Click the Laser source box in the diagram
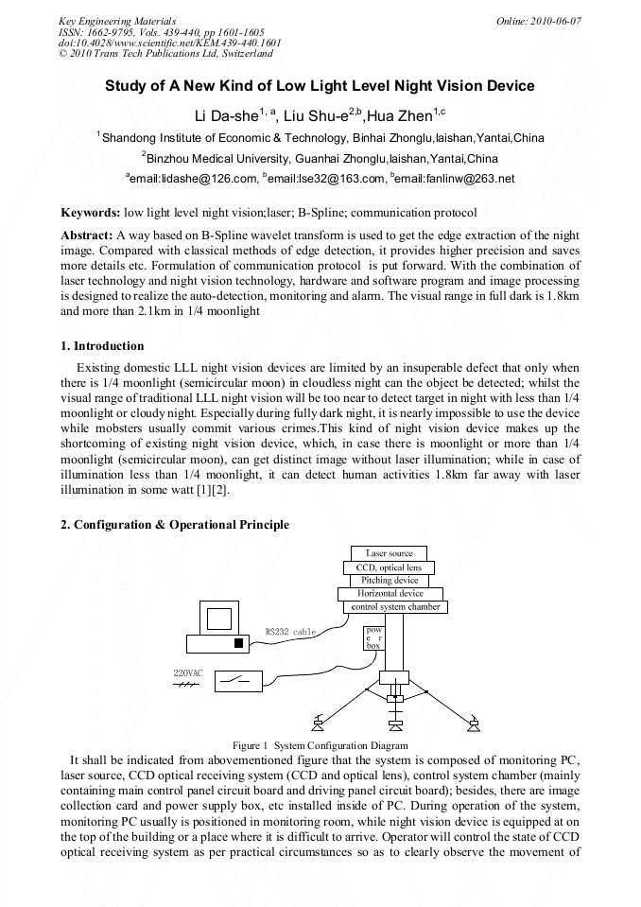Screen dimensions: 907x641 tap(389, 553)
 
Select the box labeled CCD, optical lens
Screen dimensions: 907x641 tap(389, 567)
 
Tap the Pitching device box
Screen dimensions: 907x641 tap(389, 580)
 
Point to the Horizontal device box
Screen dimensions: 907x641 tap(390, 593)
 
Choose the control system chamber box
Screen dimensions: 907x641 tap(395, 606)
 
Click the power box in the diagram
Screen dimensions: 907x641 tap(374, 637)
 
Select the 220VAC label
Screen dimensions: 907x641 tap(187, 672)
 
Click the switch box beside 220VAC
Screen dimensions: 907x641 tap(238, 679)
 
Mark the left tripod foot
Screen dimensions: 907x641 tap(318, 726)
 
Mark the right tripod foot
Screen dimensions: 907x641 tap(473, 726)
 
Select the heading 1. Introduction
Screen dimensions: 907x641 tap(102, 346)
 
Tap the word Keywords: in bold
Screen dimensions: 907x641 tap(90, 213)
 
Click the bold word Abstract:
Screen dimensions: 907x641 tap(87, 234)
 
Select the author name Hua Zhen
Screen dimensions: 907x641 tap(403, 116)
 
